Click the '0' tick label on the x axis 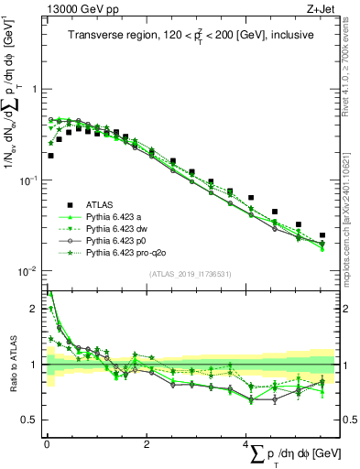click(x=47, y=443)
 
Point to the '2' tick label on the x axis click(x=147, y=443)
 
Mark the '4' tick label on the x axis click(x=246, y=443)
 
